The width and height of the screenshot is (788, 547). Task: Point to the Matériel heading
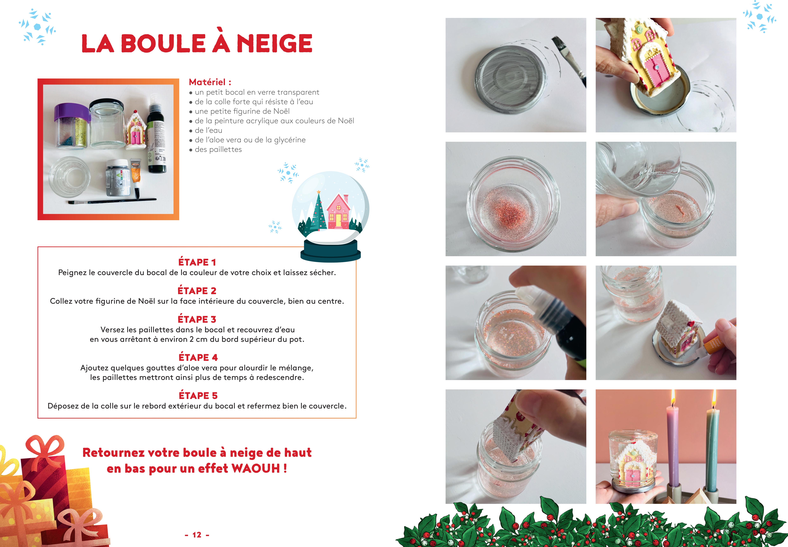click(x=210, y=82)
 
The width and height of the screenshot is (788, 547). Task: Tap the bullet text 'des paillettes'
click(x=218, y=149)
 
